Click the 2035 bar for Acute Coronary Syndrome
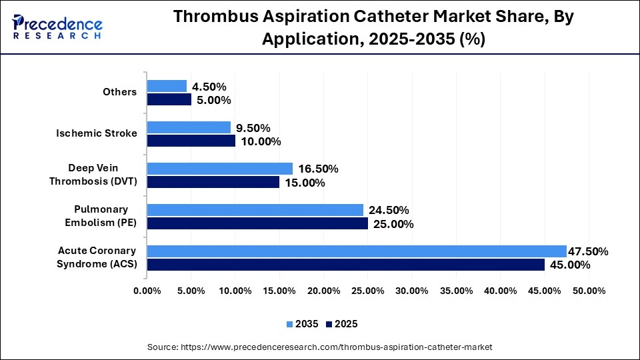pyautogui.click(x=357, y=251)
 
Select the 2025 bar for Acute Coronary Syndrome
pyautogui.click(x=345, y=265)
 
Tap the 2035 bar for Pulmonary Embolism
pyautogui.click(x=255, y=210)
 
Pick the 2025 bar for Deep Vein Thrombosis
pyautogui.click(x=213, y=182)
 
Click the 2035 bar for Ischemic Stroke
pyautogui.click(x=189, y=127)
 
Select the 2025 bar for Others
pyautogui.click(x=169, y=100)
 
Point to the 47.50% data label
pyautogui.click(x=588, y=251)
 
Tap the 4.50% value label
pyautogui.click(x=209, y=87)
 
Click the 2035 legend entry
pyautogui.click(x=303, y=324)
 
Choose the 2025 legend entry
pyautogui.click(x=341, y=324)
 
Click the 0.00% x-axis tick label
pyautogui.click(x=147, y=291)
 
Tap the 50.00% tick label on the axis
pyautogui.click(x=589, y=291)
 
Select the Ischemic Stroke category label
pyautogui.click(x=97, y=133)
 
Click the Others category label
pyautogui.click(x=120, y=92)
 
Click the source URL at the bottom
pyautogui.click(x=319, y=347)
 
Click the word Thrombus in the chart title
pyautogui.click(x=212, y=18)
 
